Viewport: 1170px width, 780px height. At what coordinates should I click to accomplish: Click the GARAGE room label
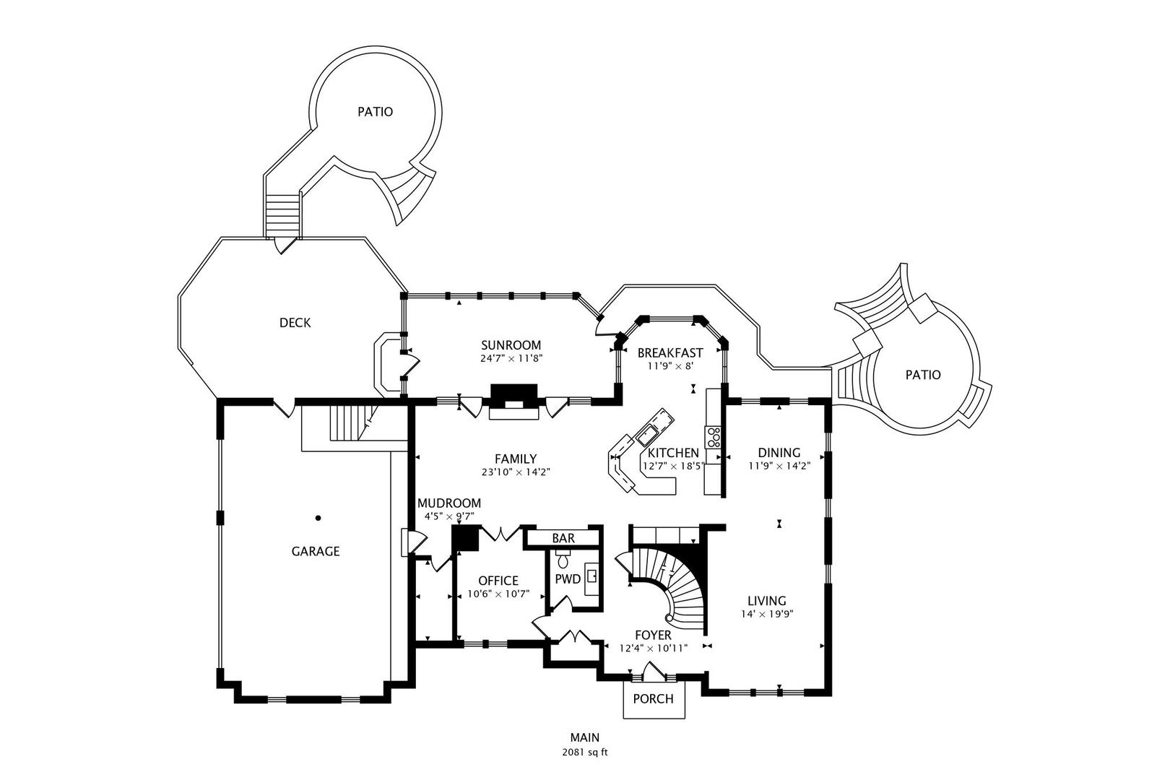point(315,552)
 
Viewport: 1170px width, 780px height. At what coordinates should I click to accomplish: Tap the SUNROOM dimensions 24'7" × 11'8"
point(511,358)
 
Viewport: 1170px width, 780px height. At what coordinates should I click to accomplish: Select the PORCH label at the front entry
point(653,699)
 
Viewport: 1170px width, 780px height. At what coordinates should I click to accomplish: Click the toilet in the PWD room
point(563,560)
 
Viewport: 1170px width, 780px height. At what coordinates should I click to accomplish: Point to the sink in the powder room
point(591,576)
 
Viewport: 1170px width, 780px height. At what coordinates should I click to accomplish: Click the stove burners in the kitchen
point(714,437)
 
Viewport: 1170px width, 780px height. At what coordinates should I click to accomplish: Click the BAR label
point(563,539)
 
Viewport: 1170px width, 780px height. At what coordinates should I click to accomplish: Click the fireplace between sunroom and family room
point(514,402)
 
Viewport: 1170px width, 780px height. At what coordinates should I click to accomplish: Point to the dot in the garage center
point(318,518)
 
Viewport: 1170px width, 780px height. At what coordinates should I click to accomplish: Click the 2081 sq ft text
point(584,753)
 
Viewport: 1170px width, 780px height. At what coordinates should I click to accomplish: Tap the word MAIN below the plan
point(584,738)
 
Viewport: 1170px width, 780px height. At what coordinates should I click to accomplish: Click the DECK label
point(295,323)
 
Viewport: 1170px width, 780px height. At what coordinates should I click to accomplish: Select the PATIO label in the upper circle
point(376,112)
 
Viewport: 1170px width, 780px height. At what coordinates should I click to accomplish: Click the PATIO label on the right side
point(923,375)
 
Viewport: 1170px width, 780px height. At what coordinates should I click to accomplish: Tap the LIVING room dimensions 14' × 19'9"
point(766,615)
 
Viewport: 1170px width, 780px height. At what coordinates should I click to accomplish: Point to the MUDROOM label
point(448,503)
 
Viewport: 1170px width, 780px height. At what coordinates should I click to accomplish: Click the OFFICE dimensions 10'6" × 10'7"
point(498,594)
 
